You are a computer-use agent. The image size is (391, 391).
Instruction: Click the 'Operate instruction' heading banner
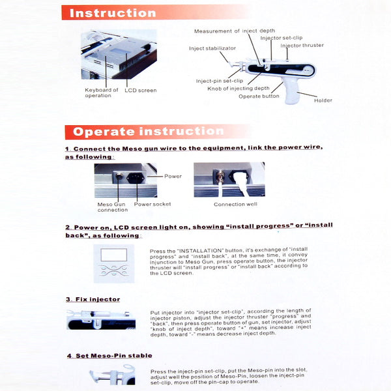(x=148, y=132)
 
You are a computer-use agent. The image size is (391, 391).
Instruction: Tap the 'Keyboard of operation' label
(x=102, y=93)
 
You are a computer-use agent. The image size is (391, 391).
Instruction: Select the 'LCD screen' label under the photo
(x=140, y=90)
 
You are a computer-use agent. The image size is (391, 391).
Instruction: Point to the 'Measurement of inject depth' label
(x=235, y=31)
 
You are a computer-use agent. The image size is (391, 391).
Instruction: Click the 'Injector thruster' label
(x=302, y=45)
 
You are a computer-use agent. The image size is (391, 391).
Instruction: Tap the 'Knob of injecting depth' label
(x=238, y=88)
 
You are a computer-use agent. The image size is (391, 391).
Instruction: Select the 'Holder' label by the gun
(x=323, y=100)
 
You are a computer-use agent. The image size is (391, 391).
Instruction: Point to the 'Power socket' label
(x=152, y=204)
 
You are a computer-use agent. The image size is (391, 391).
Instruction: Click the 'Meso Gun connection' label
(x=113, y=207)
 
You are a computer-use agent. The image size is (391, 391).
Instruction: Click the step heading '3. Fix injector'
(x=93, y=299)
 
